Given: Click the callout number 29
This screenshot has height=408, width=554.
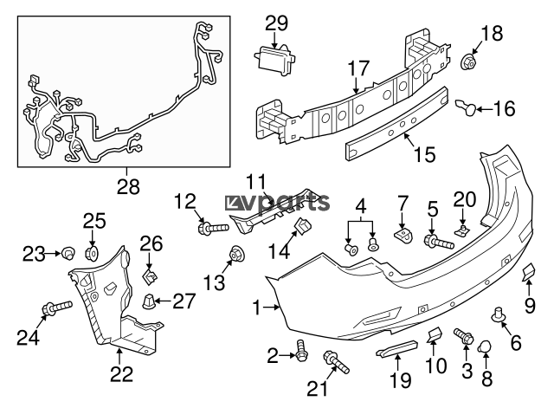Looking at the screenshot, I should pyautogui.click(x=276, y=22).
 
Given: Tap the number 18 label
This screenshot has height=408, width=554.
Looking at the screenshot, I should pyautogui.click(x=491, y=34).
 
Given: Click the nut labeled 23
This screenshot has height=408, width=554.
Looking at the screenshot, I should pyautogui.click(x=67, y=253).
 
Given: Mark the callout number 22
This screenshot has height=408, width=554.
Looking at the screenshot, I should pyautogui.click(x=122, y=374).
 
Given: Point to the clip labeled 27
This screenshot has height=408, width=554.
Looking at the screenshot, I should pyautogui.click(x=151, y=302).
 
